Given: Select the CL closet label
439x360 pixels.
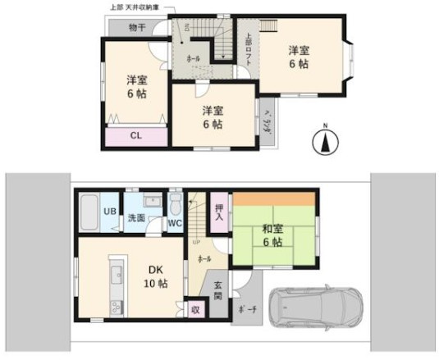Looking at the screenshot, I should (136, 135).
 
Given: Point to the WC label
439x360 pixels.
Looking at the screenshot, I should (175, 221).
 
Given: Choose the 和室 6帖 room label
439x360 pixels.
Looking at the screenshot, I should (274, 235).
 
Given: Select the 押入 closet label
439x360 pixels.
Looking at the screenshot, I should (219, 212).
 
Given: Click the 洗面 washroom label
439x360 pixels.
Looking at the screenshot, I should (136, 219).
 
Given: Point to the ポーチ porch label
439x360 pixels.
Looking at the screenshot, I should (245, 310).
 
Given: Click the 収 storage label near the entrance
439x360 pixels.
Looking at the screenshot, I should (195, 310).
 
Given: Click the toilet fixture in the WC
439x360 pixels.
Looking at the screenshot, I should (176, 203).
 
